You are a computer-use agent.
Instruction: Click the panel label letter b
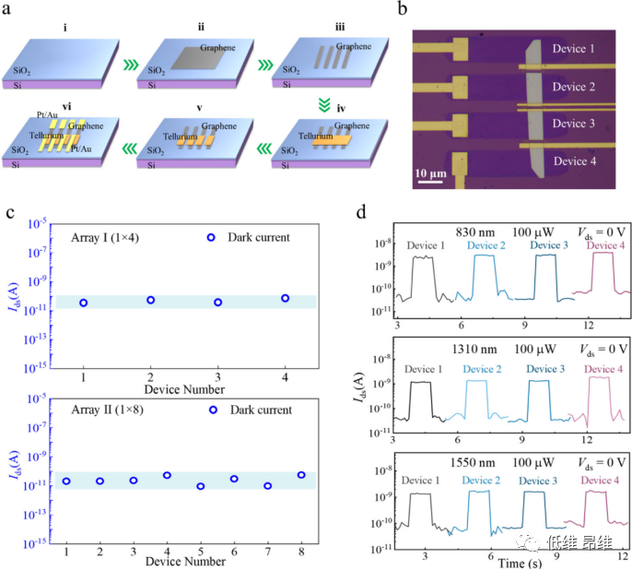401,12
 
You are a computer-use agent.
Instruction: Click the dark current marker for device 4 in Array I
286,298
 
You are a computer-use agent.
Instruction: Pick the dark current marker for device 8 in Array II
301,475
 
